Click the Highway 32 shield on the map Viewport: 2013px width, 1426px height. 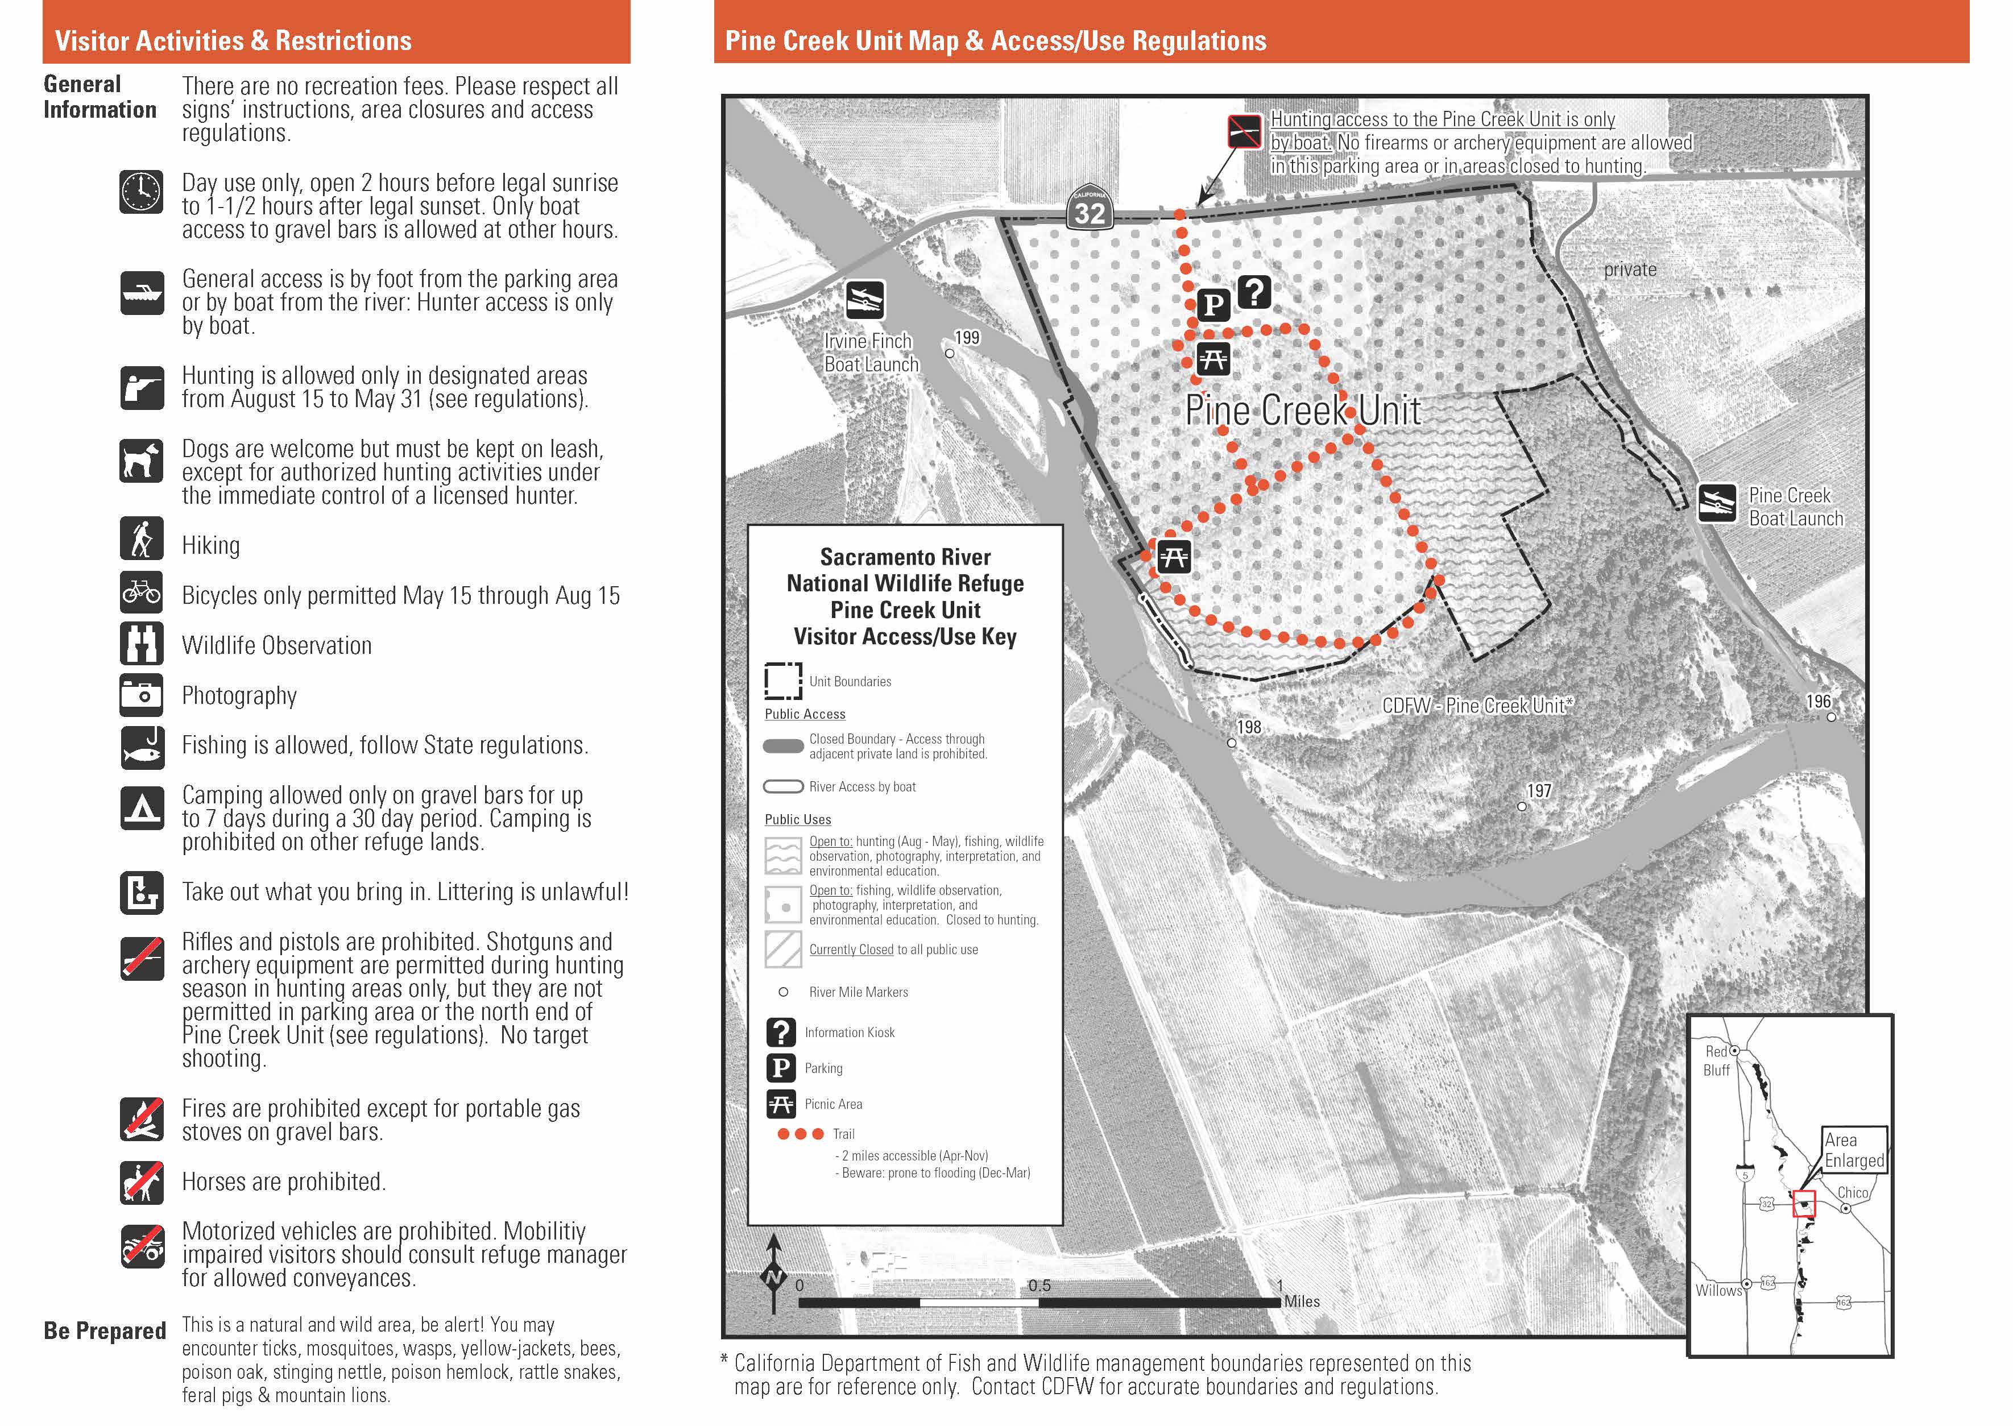(x=1090, y=209)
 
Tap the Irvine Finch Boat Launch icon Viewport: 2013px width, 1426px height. (x=865, y=300)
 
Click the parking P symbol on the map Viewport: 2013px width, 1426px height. (x=1213, y=305)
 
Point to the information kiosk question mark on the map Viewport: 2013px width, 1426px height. (x=1254, y=292)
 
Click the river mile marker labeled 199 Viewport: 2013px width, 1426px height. (x=950, y=353)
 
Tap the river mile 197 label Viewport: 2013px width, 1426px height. (x=1539, y=791)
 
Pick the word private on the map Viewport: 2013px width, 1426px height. (x=1630, y=270)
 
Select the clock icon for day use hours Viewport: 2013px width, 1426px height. (x=142, y=192)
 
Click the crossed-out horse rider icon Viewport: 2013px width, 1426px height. (x=142, y=1182)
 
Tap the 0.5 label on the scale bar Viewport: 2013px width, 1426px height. (x=1039, y=1286)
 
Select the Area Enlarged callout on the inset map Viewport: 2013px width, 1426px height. (x=1853, y=1150)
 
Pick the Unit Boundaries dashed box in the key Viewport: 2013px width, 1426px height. (x=782, y=681)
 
